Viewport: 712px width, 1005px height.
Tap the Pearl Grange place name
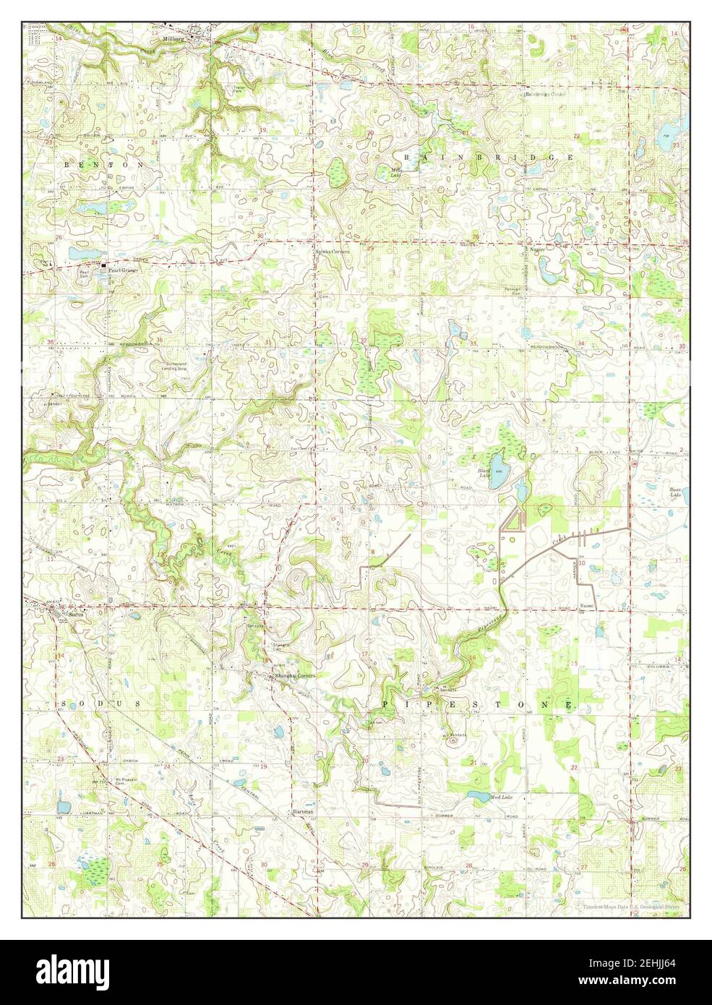(x=123, y=270)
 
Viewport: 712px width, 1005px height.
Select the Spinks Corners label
(x=332, y=252)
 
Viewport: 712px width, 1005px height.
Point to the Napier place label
(x=536, y=248)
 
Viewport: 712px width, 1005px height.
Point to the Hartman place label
(x=304, y=812)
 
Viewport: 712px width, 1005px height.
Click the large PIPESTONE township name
(x=477, y=704)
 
